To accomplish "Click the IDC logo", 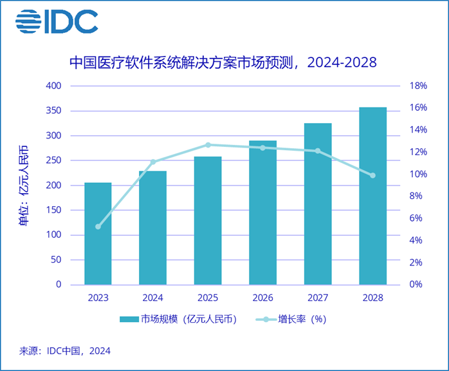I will pos(57,22).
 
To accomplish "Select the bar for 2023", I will pos(98,233).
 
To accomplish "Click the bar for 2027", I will pos(318,204).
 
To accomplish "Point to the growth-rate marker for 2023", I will pos(98,227).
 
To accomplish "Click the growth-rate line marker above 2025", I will pos(208,144).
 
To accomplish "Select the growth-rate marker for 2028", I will pos(372,175).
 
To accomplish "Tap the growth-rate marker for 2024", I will pos(153,162).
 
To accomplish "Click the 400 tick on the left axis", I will pos(53,86).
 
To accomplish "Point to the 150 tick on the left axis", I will pos(53,210).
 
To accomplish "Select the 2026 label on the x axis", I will pos(262,298).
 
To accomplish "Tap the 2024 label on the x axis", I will pos(153,298).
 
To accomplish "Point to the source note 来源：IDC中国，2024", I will pos(65,351).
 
